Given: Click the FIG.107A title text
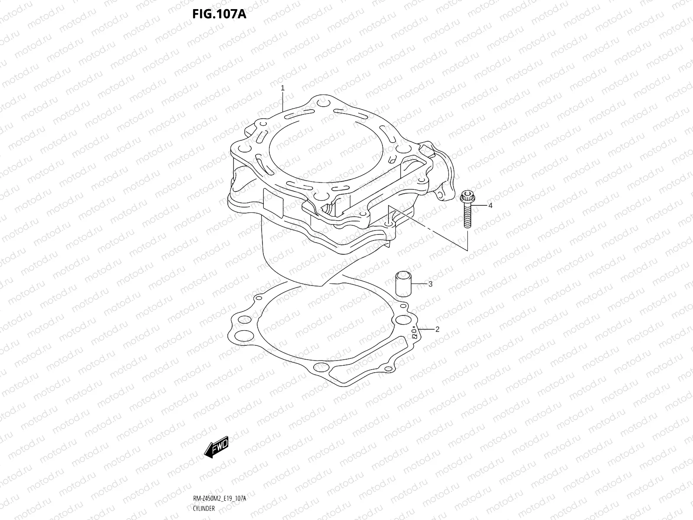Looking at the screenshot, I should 219,14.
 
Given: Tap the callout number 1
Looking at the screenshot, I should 282,88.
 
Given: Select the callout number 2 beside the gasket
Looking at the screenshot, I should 437,329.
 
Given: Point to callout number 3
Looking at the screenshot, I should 431,284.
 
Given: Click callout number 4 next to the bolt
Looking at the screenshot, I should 490,206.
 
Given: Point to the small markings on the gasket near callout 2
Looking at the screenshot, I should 414,333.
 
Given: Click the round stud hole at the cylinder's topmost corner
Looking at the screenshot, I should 321,104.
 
